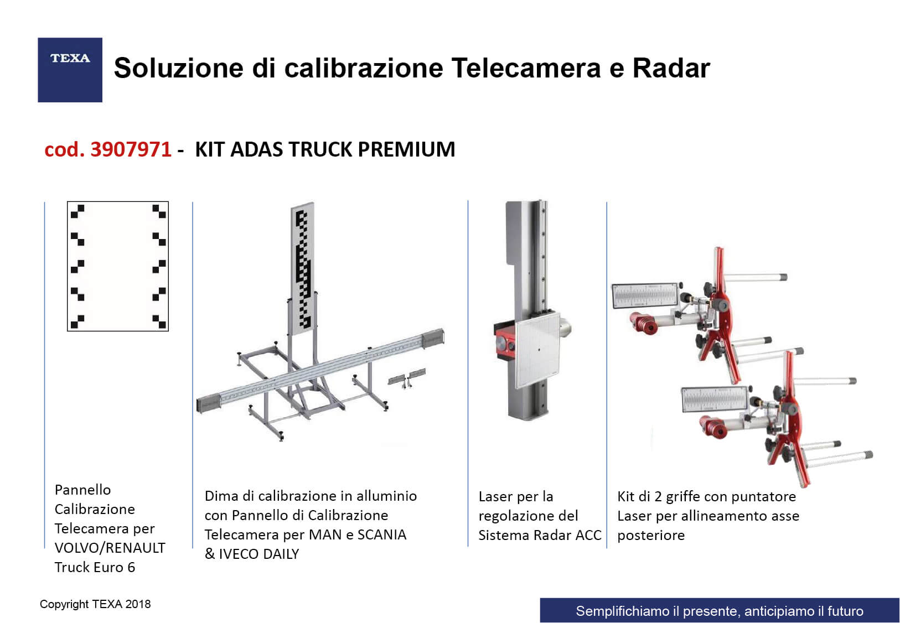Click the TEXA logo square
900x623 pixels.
[x=70, y=70]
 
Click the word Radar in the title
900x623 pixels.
[x=671, y=68]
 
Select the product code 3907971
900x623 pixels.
[x=131, y=149]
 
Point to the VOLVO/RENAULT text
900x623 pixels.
[x=110, y=548]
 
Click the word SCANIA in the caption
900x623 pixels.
[x=382, y=534]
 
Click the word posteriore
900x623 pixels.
[x=651, y=536]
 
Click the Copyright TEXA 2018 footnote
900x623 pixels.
[x=95, y=604]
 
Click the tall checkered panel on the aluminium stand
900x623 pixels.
[x=303, y=268]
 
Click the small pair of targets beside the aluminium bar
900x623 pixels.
[x=407, y=378]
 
